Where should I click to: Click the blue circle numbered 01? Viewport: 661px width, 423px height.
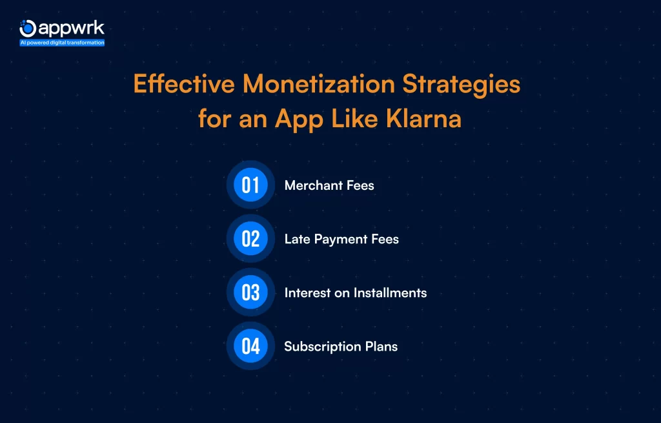coord(250,185)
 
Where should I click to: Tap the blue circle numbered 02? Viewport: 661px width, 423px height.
coord(250,239)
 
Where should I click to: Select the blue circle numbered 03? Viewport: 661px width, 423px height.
coord(250,293)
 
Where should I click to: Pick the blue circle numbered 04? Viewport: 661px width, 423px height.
coord(250,346)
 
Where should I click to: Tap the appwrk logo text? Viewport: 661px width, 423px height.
coord(71,28)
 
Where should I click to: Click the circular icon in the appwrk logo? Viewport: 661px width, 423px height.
coord(28,28)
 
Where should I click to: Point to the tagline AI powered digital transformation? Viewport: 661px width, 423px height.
coord(62,43)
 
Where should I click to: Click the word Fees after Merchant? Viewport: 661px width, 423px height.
coord(360,185)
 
